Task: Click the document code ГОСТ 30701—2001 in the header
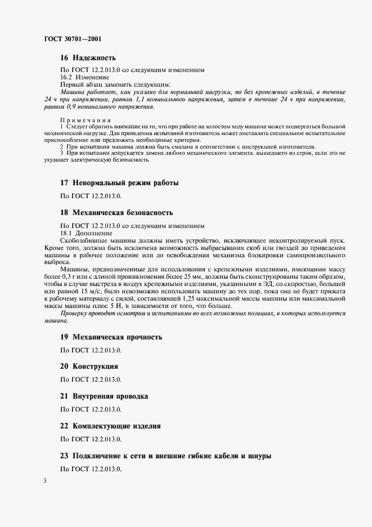click(72, 39)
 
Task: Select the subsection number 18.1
click(67, 233)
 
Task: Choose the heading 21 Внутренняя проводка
click(104, 396)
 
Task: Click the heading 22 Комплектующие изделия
click(110, 426)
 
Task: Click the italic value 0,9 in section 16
click(72, 106)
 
